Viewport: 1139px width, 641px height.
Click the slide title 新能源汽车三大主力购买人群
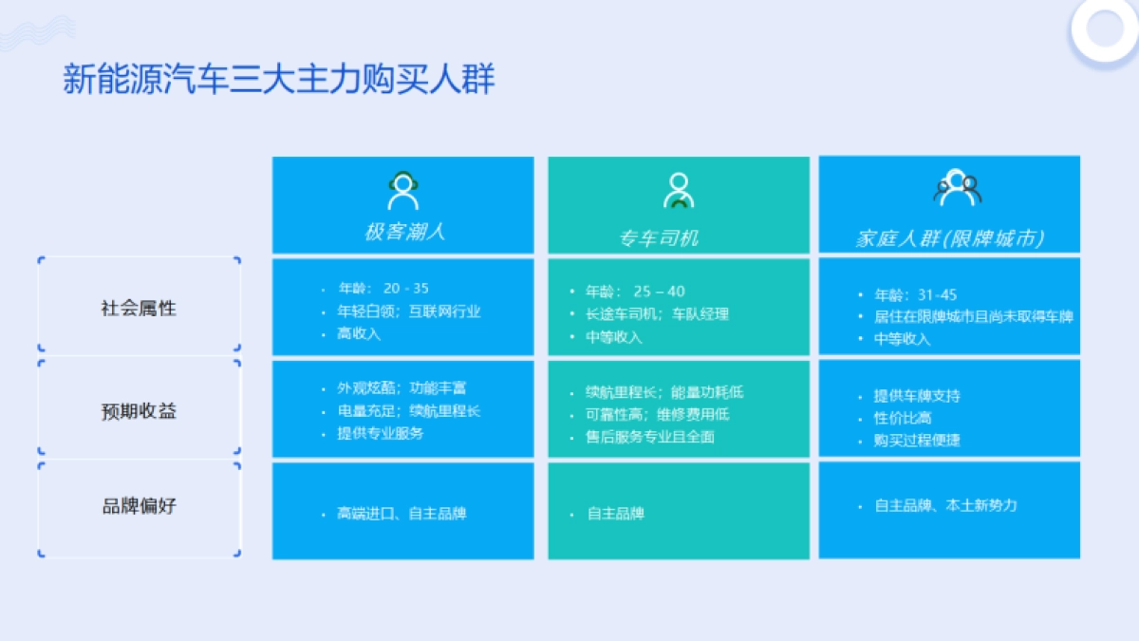pos(279,80)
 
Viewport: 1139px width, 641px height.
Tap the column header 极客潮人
pos(403,232)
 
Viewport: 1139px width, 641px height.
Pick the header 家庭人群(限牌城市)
pos(949,237)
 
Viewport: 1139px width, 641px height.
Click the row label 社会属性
pos(139,309)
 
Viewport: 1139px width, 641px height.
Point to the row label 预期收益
pos(139,411)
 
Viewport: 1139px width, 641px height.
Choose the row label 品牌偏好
pos(139,506)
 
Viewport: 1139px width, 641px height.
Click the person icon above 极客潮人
pos(403,191)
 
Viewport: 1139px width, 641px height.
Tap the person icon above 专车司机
pos(678,191)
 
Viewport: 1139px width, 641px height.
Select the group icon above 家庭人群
pos(956,188)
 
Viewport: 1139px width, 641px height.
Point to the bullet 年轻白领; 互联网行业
pos(408,311)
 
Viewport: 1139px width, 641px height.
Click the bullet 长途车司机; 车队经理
pos(657,314)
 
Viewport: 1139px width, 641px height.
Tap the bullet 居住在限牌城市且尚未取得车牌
pos(973,316)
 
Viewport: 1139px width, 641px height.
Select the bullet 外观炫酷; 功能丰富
pos(401,388)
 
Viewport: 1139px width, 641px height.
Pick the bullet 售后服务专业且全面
pos(650,438)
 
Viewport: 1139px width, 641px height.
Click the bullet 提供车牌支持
pos(917,396)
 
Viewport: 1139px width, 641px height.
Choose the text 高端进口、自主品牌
pos(401,514)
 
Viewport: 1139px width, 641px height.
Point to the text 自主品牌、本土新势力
pos(945,506)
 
